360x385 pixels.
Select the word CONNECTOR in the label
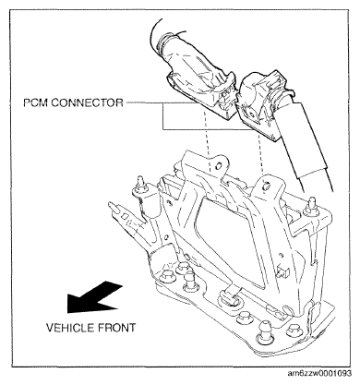point(87,102)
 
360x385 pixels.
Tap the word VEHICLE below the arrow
point(69,328)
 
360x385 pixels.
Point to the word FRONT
point(116,328)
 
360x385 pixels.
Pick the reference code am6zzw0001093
point(319,374)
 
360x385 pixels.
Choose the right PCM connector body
point(259,102)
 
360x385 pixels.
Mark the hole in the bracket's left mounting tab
point(218,166)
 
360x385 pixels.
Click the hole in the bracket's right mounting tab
point(266,185)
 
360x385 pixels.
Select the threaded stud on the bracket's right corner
point(309,206)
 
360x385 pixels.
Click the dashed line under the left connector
point(207,138)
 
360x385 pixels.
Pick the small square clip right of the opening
point(283,272)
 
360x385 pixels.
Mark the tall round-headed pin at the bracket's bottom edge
point(264,331)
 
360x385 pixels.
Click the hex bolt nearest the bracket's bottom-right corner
point(293,331)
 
